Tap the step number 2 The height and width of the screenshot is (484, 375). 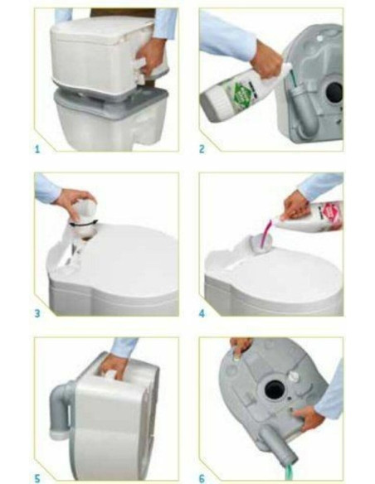click(202, 150)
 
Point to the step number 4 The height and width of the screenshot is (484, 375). click(202, 313)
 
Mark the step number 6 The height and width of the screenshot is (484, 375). click(202, 477)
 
